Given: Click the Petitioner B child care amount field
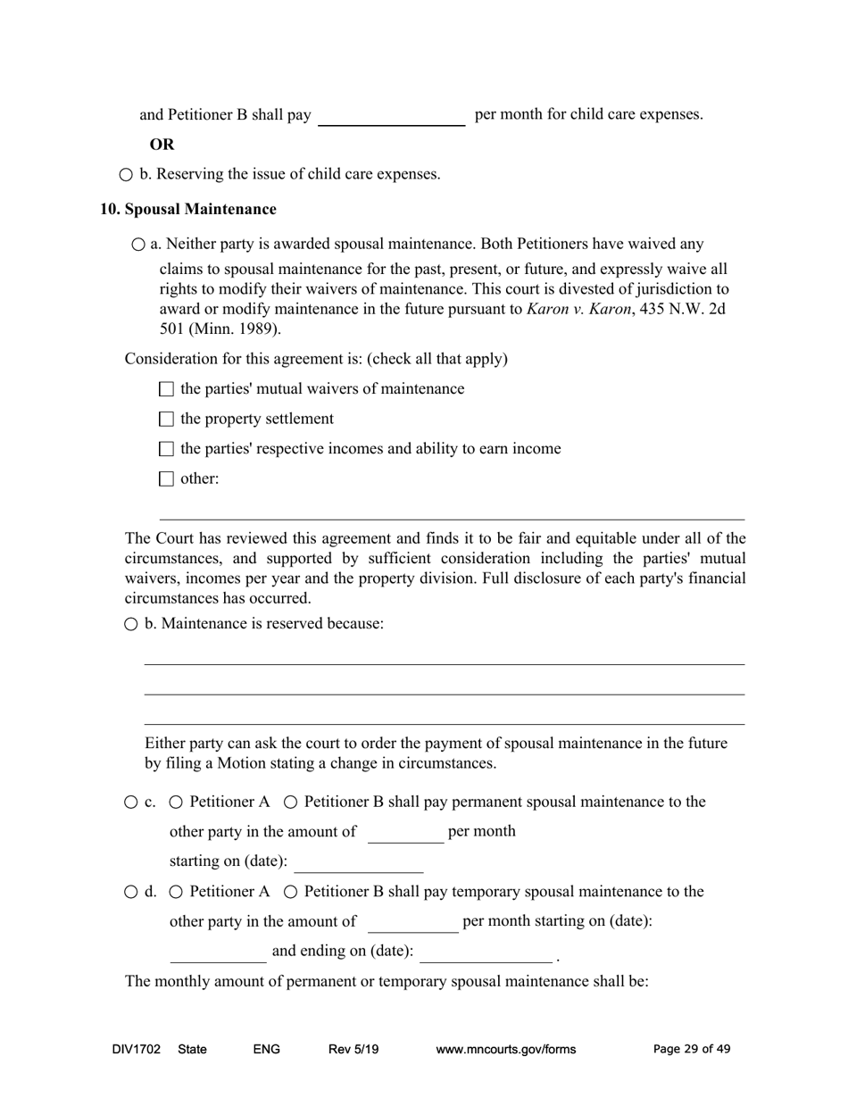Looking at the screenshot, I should (391, 116).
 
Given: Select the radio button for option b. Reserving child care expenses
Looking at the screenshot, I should (126, 175).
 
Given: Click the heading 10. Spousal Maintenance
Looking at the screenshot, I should (187, 209).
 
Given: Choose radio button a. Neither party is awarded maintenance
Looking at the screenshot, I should (137, 245).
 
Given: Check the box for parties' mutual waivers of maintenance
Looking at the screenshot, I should (166, 389).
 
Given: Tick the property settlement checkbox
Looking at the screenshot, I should (166, 420).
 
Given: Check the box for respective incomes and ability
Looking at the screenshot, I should (166, 449).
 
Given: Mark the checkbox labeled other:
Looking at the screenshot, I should (166, 479).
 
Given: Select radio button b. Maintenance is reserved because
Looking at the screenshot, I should (131, 624).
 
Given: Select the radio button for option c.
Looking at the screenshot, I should (131, 803).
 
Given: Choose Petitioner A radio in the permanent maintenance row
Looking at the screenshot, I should (176, 803).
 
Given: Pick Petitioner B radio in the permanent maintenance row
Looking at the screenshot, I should (291, 803).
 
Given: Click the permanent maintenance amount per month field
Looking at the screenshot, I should (405, 833).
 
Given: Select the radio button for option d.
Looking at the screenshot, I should (131, 892).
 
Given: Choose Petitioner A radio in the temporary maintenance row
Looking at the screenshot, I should (176, 892).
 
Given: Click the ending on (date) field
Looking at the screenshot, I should (486, 952).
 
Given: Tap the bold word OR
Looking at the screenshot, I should (162, 145).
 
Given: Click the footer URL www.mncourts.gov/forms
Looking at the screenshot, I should (505, 1050).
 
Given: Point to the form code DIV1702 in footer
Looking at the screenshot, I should (137, 1050).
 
